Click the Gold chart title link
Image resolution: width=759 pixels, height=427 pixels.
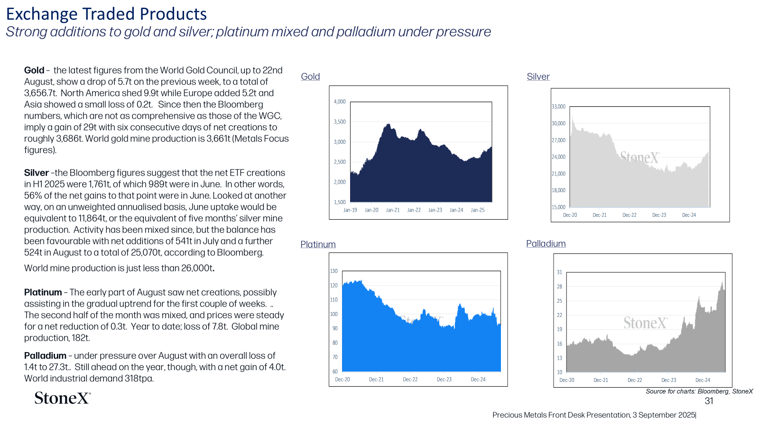click(x=310, y=76)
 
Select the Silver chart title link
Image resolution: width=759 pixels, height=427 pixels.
click(x=538, y=76)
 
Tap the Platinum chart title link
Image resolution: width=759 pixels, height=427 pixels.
click(x=318, y=244)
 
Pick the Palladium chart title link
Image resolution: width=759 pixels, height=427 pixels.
click(x=546, y=244)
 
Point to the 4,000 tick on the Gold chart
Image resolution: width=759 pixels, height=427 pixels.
click(x=340, y=102)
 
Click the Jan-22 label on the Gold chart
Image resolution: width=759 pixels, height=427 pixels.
click(x=414, y=210)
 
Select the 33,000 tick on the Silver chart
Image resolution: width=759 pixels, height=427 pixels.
click(x=558, y=107)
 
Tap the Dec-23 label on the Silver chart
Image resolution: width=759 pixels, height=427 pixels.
click(x=659, y=215)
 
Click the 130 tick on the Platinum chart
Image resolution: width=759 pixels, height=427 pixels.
click(x=334, y=271)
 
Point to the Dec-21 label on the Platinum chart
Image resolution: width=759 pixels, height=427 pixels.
click(x=376, y=380)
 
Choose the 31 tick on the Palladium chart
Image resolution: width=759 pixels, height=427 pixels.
click(x=559, y=272)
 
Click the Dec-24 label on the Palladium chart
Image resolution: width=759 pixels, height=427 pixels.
click(x=703, y=380)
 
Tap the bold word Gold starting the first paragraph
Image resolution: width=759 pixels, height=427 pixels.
click(x=34, y=71)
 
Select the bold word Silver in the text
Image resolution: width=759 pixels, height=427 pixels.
click(x=36, y=173)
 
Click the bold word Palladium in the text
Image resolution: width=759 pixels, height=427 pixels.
click(x=45, y=356)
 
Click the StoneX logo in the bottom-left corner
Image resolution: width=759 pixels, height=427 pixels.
click(x=63, y=398)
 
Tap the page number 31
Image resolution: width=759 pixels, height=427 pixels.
click(x=709, y=401)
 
